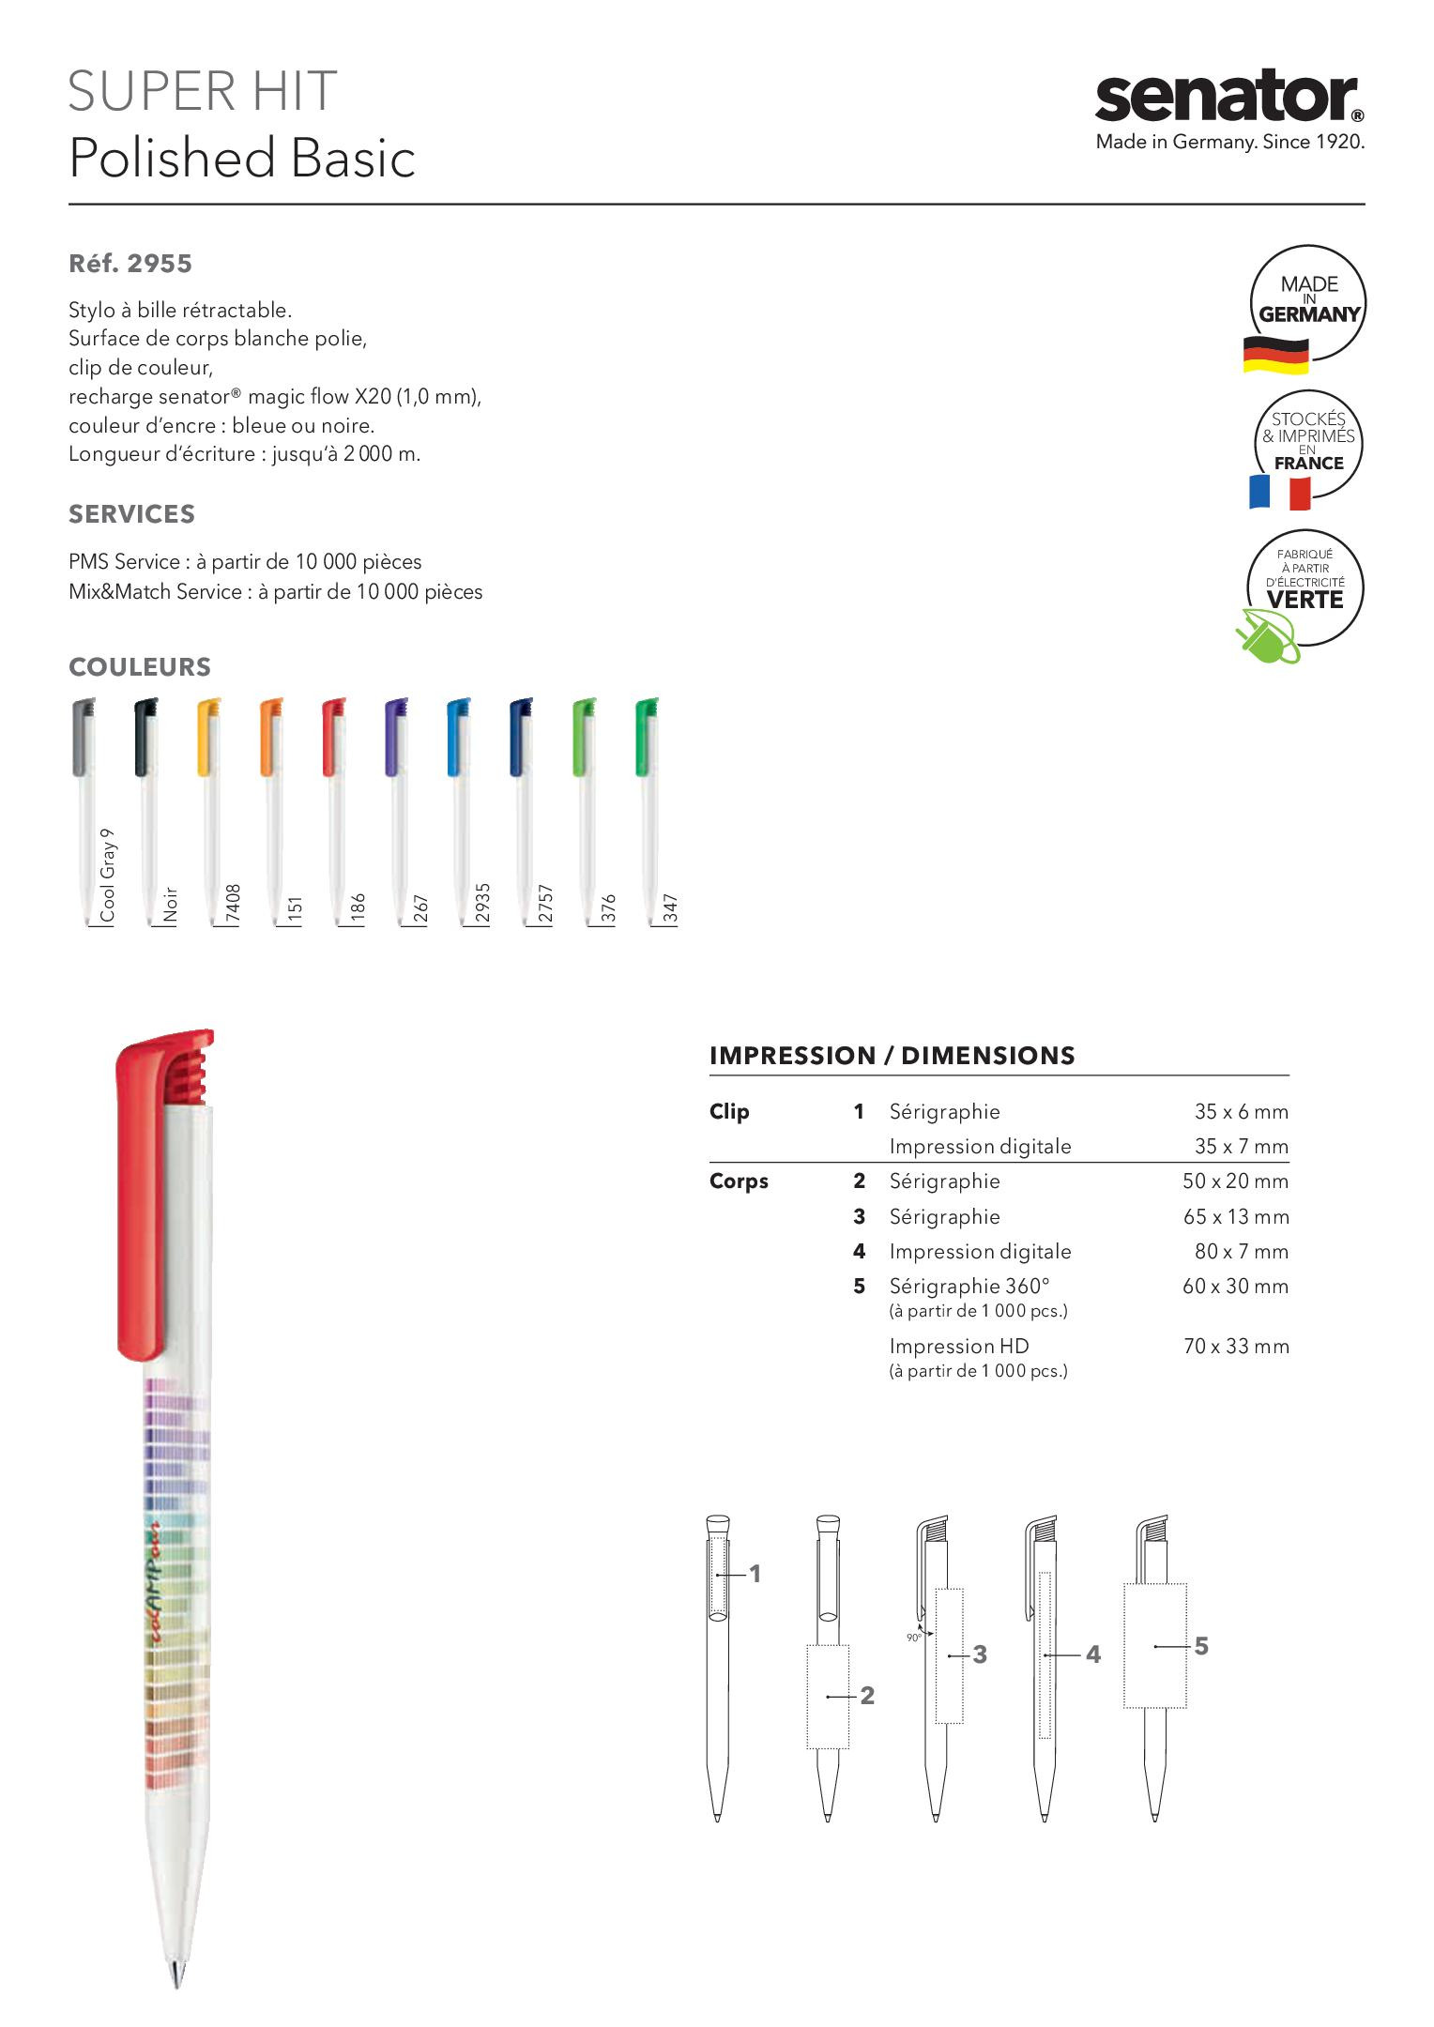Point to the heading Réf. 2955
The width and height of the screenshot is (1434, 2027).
(130, 264)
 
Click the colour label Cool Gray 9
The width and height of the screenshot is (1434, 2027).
(108, 875)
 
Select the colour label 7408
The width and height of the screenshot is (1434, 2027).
(234, 905)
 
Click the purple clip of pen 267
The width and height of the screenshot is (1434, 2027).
(395, 737)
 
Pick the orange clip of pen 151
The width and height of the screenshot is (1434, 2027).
(270, 737)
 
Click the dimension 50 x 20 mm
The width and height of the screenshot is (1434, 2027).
(1235, 1181)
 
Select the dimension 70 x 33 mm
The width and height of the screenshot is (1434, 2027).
(1236, 1347)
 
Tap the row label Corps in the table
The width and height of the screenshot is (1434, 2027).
(739, 1181)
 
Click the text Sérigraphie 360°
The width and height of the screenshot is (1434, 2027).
(969, 1287)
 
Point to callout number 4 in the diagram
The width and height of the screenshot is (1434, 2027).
(1092, 1654)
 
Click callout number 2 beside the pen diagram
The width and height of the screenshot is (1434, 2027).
(867, 1696)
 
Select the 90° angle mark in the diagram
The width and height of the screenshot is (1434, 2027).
(914, 1638)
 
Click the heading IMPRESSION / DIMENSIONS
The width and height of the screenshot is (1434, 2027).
(892, 1056)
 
